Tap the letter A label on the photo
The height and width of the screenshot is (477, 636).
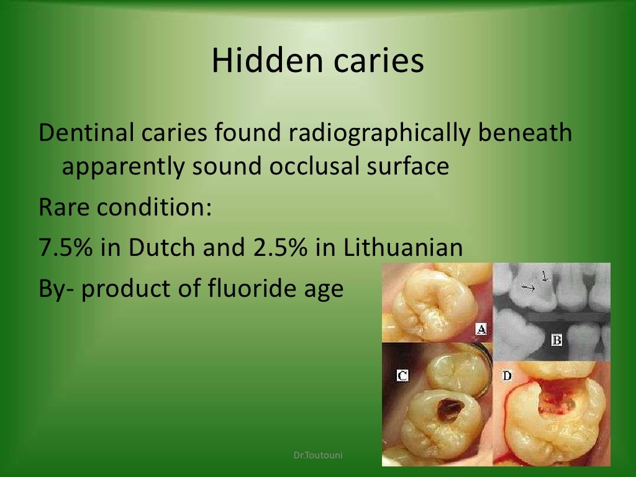[480, 329]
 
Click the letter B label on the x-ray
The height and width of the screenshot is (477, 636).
[556, 340]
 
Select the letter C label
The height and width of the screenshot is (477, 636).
[402, 375]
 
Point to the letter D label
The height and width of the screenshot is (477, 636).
[507, 375]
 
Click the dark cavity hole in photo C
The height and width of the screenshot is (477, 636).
[448, 411]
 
